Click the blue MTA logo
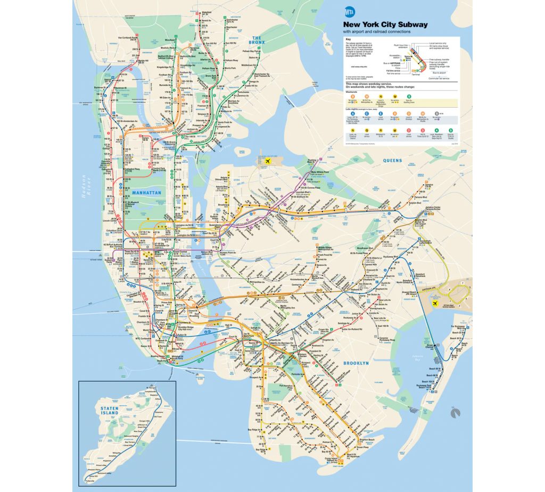tap(350, 11)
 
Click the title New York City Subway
tap(385, 25)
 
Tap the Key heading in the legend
tap(348, 41)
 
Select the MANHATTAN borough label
tap(147, 192)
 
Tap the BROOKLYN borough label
tap(356, 363)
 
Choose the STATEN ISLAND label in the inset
tap(109, 411)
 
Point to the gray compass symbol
tap(454, 412)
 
